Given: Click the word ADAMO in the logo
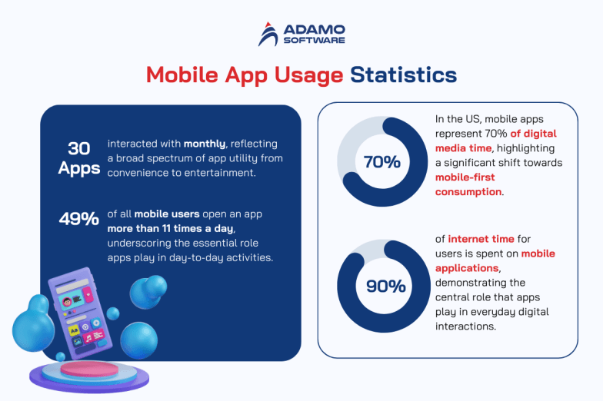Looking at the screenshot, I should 315,29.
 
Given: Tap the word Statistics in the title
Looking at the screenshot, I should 403,75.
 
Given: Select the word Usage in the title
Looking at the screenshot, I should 308,75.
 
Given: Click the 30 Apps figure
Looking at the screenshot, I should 79,157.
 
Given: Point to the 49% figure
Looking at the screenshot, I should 79,219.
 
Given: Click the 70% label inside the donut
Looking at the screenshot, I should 382,162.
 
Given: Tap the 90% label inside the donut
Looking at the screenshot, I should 385,286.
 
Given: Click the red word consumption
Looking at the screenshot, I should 468,191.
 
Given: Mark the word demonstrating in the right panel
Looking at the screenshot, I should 475,282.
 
